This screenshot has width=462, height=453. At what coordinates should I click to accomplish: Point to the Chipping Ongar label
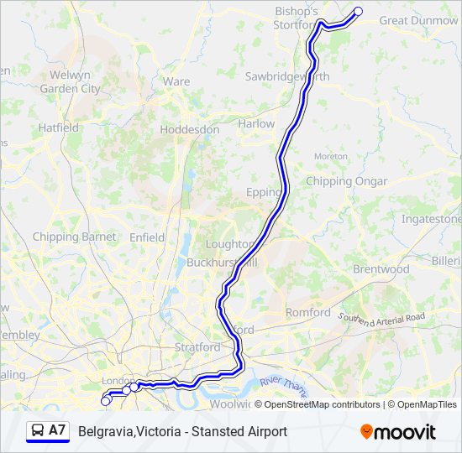coord(346,181)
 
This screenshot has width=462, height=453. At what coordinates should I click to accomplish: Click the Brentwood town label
coord(381,269)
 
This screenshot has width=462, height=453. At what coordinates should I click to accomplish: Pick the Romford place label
coord(308,312)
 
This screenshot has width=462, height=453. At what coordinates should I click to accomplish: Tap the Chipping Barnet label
coord(74,237)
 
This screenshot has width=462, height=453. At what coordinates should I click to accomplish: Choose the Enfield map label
coord(147,237)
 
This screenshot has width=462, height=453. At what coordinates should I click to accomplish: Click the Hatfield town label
coord(58,128)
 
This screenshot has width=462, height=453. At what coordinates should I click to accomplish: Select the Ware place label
coord(176,81)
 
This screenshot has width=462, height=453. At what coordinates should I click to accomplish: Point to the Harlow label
coord(256,123)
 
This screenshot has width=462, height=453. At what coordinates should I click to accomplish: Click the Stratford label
coord(197,346)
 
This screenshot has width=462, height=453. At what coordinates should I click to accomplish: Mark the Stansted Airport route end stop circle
coord(359,12)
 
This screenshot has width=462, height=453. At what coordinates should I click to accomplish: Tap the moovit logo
coord(397,432)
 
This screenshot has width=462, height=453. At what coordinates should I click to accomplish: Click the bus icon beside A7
coord(38,431)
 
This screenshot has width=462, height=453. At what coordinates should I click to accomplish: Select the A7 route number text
coord(57,430)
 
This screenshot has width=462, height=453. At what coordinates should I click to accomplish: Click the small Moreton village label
coord(330,157)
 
